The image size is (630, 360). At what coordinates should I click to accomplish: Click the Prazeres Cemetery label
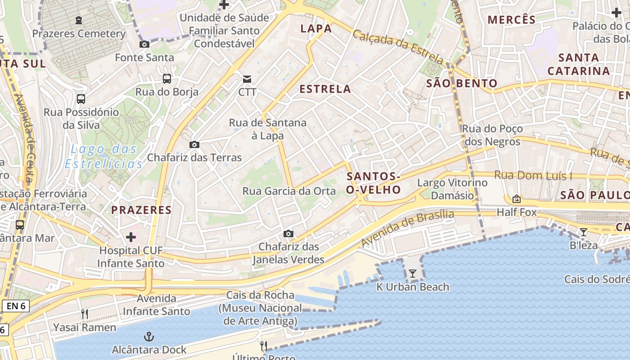[x=79, y=34]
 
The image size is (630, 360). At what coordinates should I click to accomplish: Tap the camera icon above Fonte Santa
[x=144, y=44]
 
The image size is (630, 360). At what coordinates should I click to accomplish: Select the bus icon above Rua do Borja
[x=167, y=79]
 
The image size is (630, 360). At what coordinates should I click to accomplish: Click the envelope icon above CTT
[x=247, y=79]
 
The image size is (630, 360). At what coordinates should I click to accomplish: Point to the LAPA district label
[x=316, y=29]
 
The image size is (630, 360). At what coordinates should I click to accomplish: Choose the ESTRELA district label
[x=325, y=89]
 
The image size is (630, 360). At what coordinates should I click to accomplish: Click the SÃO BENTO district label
[x=462, y=83]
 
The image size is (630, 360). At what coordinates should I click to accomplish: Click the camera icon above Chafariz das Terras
[x=194, y=144]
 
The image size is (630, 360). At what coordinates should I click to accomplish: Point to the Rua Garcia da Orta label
[x=289, y=191]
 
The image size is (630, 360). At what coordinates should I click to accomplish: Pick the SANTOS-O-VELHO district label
[x=373, y=183]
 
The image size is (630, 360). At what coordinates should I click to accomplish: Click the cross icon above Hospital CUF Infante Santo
[x=131, y=237]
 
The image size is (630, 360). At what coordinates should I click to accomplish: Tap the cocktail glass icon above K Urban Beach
[x=412, y=273]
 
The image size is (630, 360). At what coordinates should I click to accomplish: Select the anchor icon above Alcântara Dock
[x=148, y=336]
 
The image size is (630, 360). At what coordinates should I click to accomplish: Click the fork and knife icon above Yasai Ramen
[x=84, y=314]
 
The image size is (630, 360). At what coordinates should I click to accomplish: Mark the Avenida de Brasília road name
[x=408, y=228]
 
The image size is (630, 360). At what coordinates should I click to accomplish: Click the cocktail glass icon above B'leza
[x=584, y=232]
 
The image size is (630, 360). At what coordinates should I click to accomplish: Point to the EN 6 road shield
[x=16, y=306]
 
